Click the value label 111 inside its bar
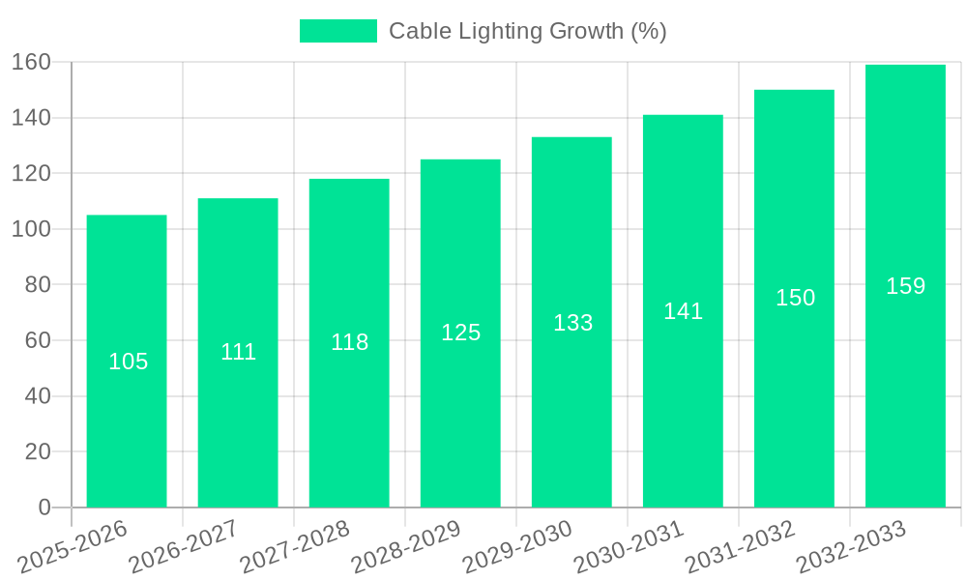(x=238, y=352)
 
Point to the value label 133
(x=572, y=323)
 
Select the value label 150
(x=795, y=298)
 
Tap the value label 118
(x=349, y=342)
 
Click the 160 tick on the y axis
(x=31, y=62)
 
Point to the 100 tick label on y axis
(x=31, y=229)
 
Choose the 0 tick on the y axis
(x=44, y=507)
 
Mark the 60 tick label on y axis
(x=37, y=340)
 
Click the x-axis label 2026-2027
(x=183, y=546)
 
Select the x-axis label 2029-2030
(x=517, y=546)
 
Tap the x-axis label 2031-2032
(x=740, y=546)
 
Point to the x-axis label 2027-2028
(x=294, y=546)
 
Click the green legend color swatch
(x=337, y=31)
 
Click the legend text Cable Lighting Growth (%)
(x=527, y=31)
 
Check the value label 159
(x=905, y=286)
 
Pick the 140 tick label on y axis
(x=31, y=118)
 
